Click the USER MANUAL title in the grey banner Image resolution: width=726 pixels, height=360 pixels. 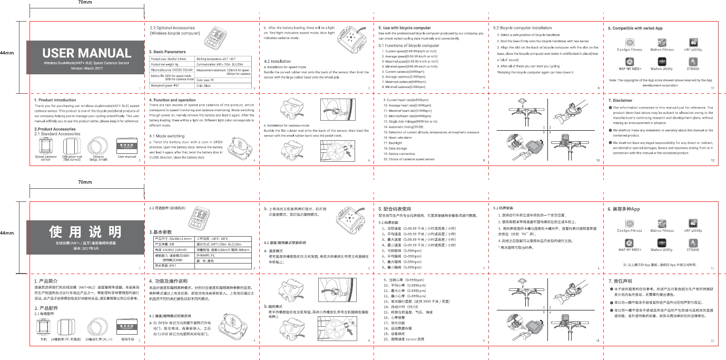86,53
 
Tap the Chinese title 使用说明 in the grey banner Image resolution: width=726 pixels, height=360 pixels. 85,231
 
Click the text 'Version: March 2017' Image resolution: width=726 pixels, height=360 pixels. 86,68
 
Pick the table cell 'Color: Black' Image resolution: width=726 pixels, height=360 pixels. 204,85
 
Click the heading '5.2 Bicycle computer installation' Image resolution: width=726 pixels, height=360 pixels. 522,27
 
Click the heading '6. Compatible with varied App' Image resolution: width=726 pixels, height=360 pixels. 635,27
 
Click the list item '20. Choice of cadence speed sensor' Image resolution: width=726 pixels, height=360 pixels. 409,159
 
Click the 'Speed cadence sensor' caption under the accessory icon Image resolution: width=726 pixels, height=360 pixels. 46,158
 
